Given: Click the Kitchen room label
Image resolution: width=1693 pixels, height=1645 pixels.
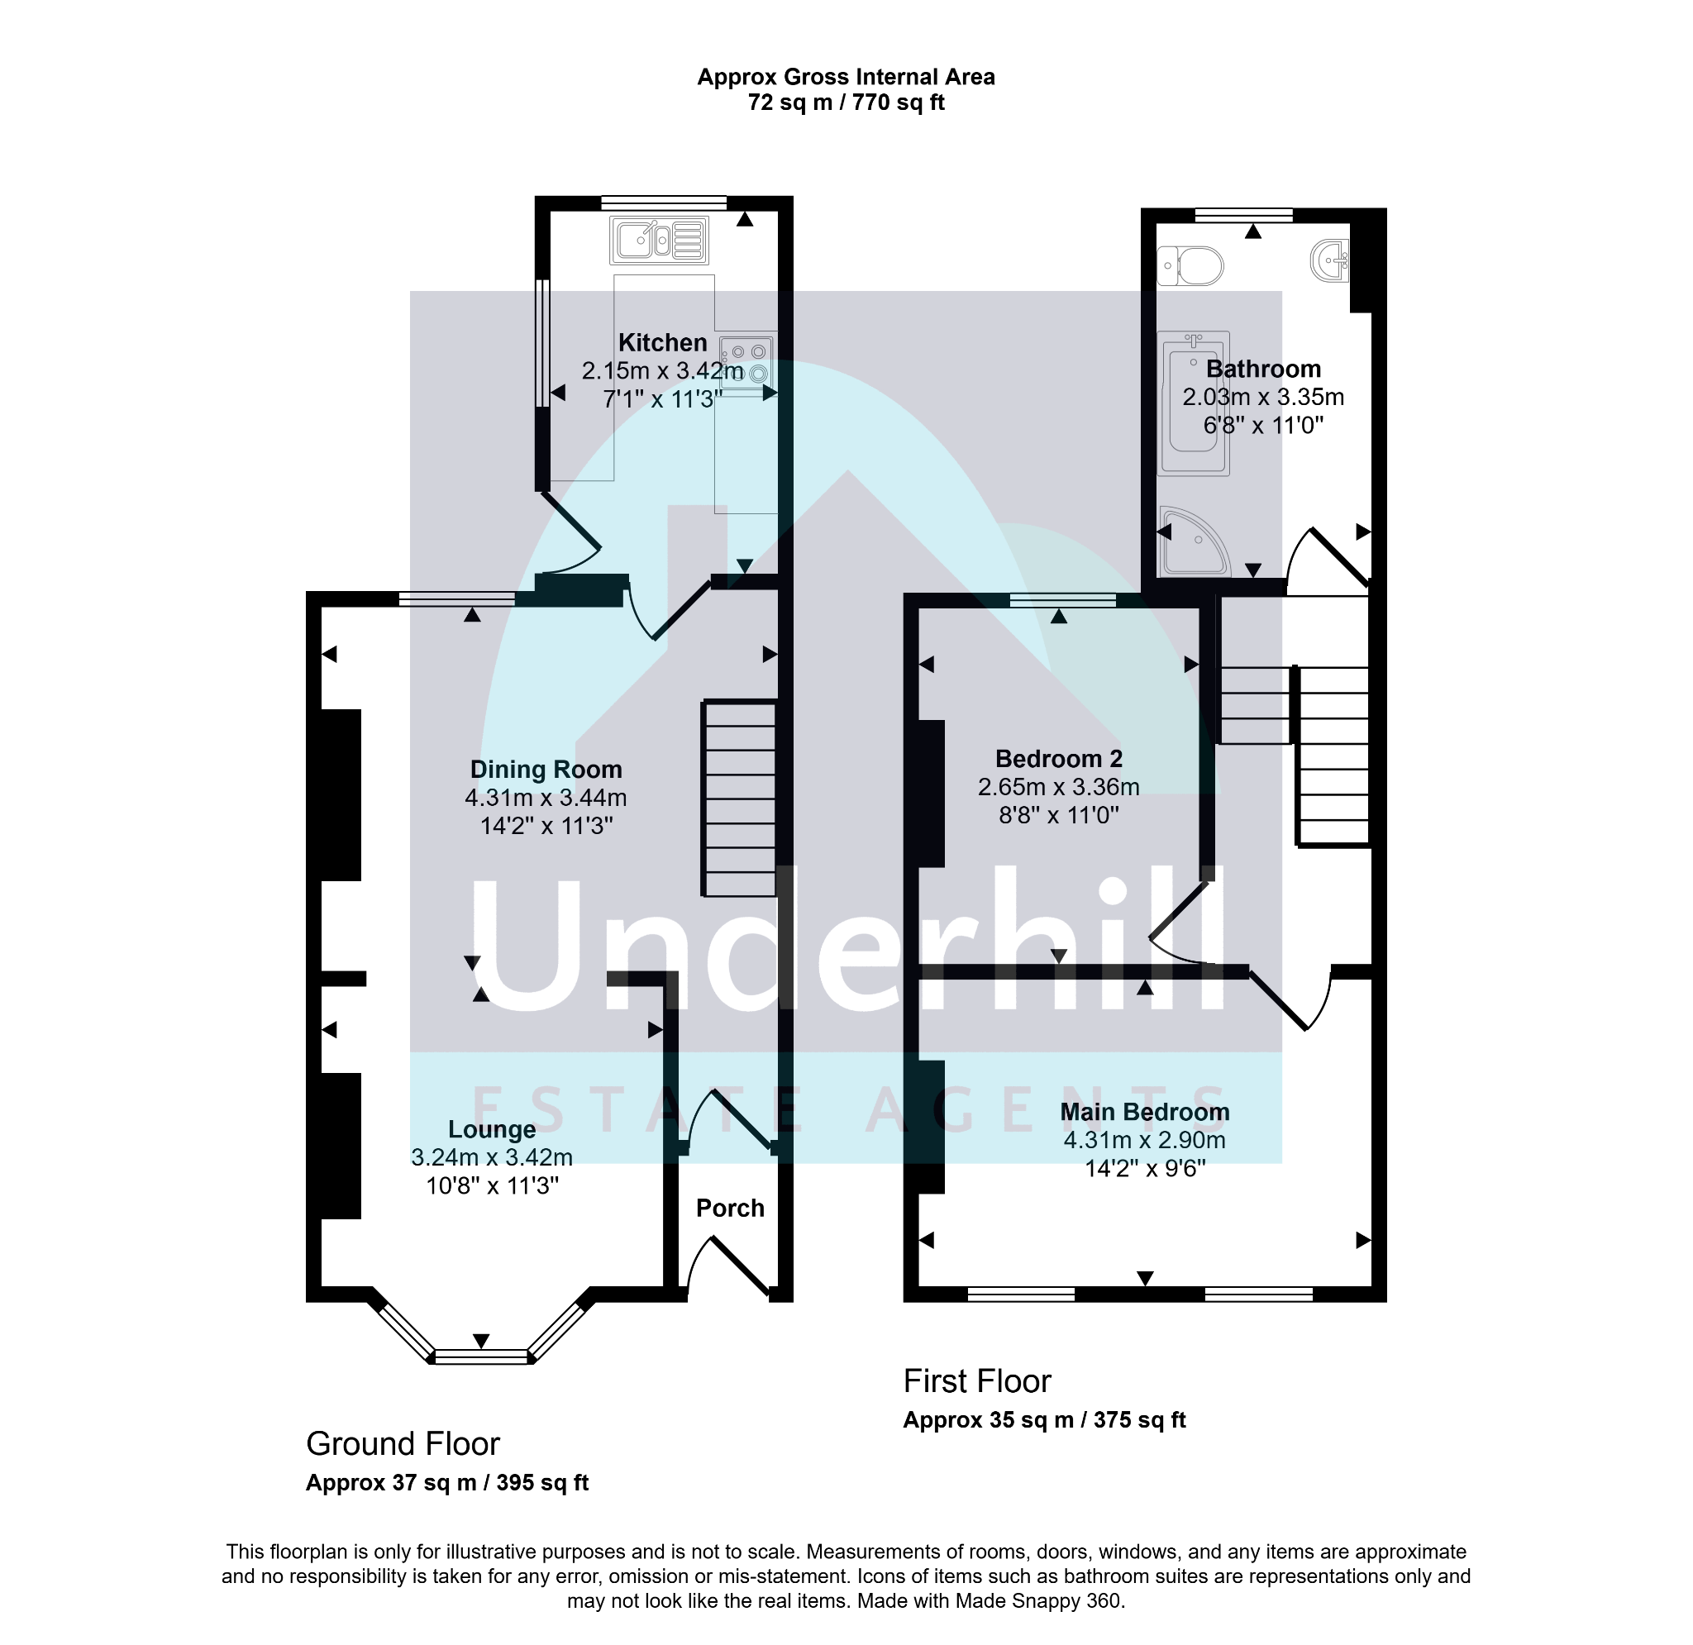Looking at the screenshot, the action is [662, 343].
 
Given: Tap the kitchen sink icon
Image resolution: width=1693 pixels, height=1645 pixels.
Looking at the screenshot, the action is [659, 241].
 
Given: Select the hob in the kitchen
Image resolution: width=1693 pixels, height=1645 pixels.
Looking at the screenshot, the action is [746, 363].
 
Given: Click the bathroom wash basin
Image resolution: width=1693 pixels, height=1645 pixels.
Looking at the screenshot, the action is [1329, 260].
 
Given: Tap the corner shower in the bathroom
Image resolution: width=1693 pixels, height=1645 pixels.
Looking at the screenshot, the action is [1195, 541].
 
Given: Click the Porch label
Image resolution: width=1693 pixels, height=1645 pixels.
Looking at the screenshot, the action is [730, 1208].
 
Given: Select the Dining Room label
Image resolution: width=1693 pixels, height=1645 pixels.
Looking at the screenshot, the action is [546, 769].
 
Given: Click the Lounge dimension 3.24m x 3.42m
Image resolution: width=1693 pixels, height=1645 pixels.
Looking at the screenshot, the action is [492, 1156].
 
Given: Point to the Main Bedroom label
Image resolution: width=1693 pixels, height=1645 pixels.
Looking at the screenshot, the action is [1144, 1112].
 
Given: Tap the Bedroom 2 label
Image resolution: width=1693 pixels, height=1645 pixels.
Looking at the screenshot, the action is [1059, 759].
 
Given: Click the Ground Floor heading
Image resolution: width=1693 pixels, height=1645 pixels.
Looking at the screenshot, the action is [403, 1443].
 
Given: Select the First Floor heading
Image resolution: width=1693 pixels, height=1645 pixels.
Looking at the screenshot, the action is [977, 1381].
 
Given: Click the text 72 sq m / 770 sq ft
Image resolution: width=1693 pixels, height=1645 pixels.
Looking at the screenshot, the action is [846, 103].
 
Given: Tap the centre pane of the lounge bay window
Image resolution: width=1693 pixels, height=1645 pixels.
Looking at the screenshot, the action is [480, 1357].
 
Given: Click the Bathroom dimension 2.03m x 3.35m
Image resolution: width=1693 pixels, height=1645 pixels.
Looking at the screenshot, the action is [1263, 398].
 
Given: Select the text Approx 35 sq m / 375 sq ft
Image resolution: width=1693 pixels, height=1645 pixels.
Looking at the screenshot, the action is [1044, 1420].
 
